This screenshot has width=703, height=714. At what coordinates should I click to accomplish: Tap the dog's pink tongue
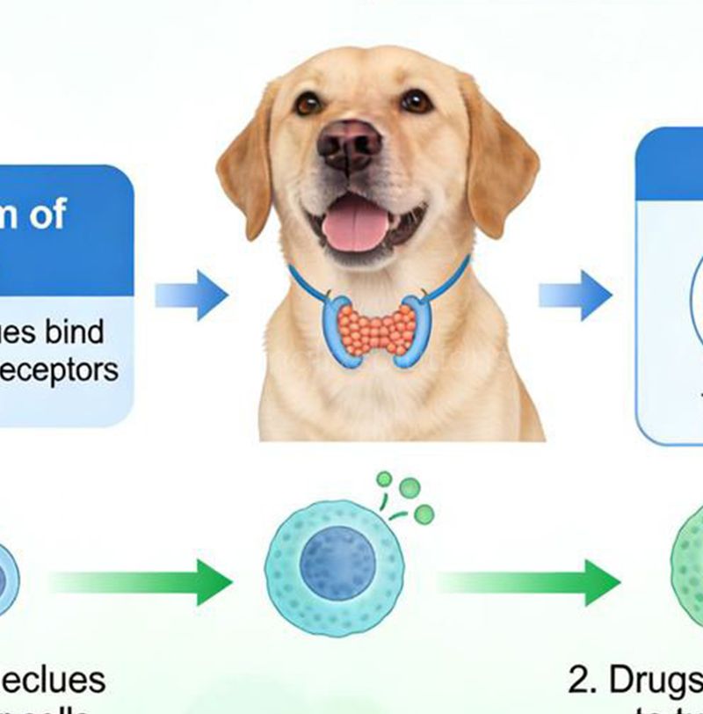[x=356, y=222]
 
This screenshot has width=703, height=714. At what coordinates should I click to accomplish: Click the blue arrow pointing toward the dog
[x=192, y=295]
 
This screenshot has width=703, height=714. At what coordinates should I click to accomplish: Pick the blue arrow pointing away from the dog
[x=575, y=295]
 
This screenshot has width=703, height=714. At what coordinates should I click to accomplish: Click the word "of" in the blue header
[x=44, y=214]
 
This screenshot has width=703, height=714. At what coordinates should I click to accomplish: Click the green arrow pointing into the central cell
[x=141, y=581]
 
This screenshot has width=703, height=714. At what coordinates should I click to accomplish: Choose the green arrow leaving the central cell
[x=527, y=581]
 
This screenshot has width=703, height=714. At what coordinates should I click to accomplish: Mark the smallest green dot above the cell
[x=384, y=479]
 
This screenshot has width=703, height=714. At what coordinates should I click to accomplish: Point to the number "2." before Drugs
[x=582, y=679]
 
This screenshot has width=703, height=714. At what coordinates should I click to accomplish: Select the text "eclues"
[x=53, y=679]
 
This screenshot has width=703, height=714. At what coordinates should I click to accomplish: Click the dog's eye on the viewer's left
[x=308, y=104]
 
